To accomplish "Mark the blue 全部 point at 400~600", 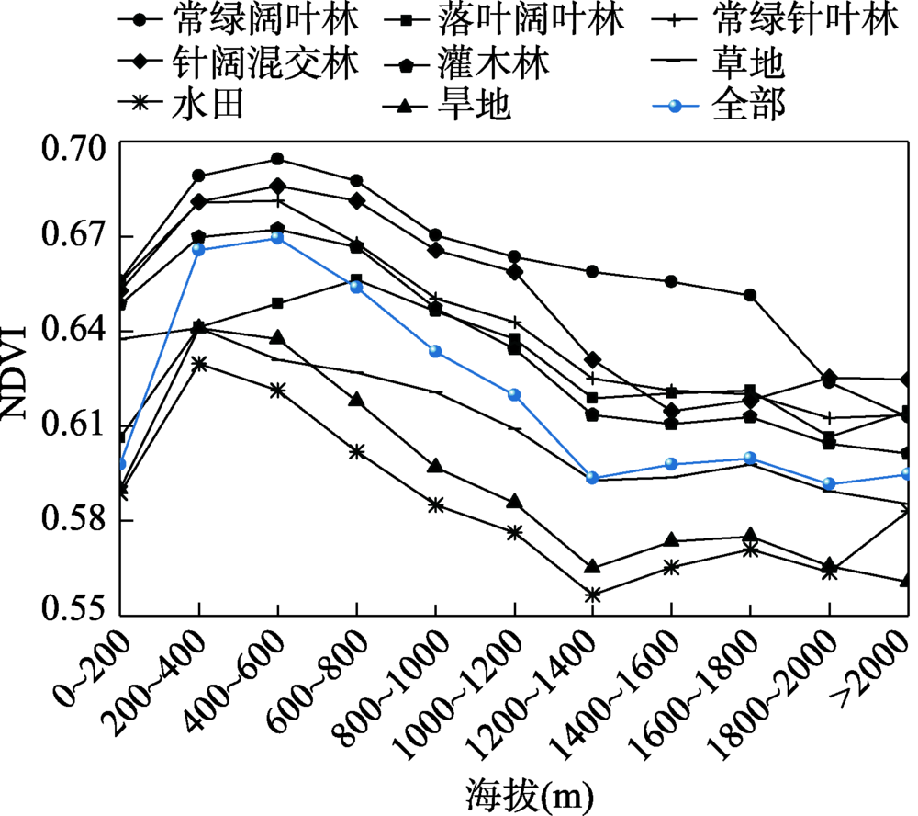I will pos(276,238).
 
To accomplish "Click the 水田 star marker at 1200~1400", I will pos(593,595).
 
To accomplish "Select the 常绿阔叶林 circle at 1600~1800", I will pos(750,295).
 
